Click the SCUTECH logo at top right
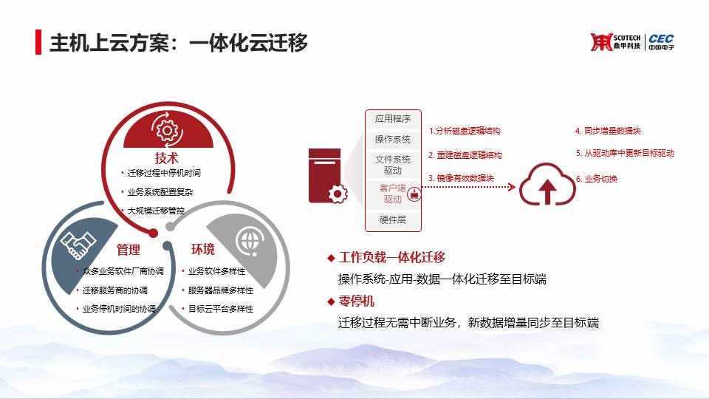[615, 42]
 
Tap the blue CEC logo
[661, 41]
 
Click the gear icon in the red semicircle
[167, 130]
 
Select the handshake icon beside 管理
[78, 245]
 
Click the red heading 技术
[166, 158]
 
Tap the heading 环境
[202, 249]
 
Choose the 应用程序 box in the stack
[393, 119]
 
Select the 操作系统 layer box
[393, 140]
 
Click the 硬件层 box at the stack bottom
[393, 220]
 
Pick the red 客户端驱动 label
[392, 194]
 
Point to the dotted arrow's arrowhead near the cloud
[511, 187]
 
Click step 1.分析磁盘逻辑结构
[465, 131]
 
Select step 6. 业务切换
[597, 179]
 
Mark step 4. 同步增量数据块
[608, 131]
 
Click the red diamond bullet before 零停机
[331, 301]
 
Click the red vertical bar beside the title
[38, 42]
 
